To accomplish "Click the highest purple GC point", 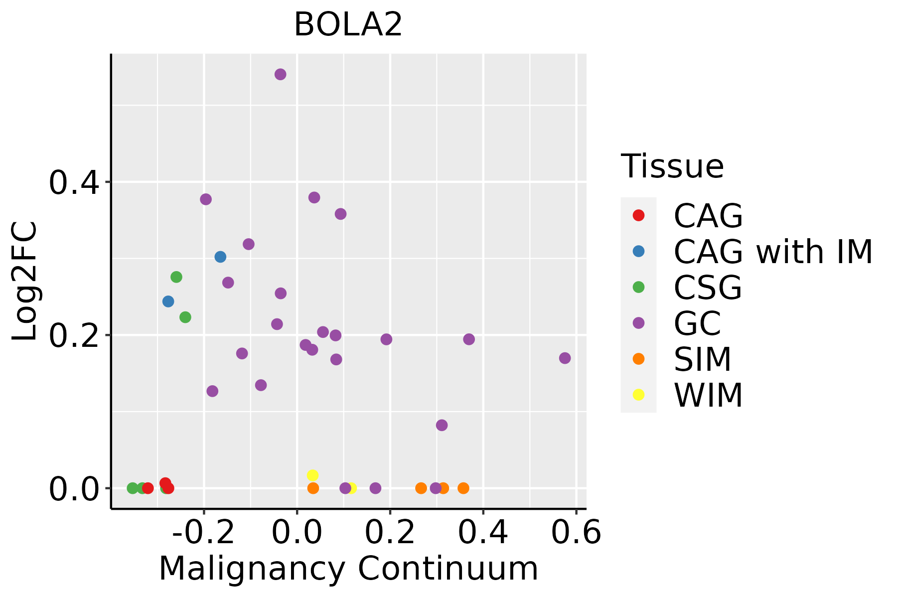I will point(281,75).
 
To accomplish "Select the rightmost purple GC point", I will point(565,358).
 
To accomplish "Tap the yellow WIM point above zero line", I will point(312,475).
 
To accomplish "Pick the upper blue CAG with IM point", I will point(220,257).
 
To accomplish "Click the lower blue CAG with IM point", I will point(168,301).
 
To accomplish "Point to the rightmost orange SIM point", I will point(463,488).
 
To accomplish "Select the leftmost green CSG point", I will point(133,488).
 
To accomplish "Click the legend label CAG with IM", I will point(773,252).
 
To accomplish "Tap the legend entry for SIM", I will point(702,359).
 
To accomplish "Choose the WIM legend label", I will point(708,395).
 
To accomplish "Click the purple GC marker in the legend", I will point(638,323).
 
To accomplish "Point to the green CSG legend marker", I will point(638,287).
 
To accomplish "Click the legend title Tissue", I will point(672,166).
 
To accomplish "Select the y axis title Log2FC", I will point(25,281).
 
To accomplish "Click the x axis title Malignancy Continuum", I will point(348,569).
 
